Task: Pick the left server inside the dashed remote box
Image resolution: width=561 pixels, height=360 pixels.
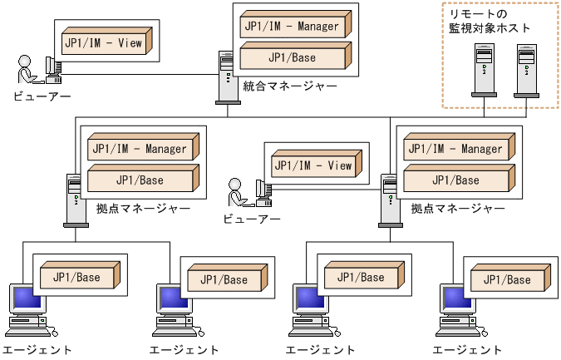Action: (x=482, y=71)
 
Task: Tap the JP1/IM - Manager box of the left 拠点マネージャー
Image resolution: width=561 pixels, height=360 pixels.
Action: (x=141, y=150)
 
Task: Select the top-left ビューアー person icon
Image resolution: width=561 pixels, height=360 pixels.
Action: (x=26, y=69)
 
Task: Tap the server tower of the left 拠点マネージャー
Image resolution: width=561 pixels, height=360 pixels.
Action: (x=75, y=200)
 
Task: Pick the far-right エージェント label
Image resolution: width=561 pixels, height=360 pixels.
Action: (x=468, y=350)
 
